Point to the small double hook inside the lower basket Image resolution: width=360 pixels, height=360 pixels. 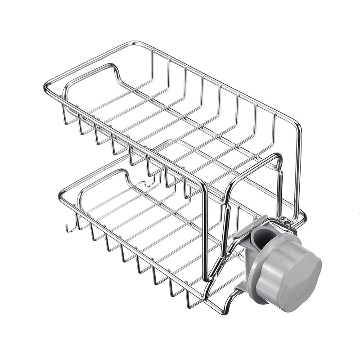click(x=147, y=182)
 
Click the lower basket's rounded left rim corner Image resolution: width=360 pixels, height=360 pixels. click(x=61, y=196)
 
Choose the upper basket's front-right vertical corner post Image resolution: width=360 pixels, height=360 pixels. click(x=205, y=229)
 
